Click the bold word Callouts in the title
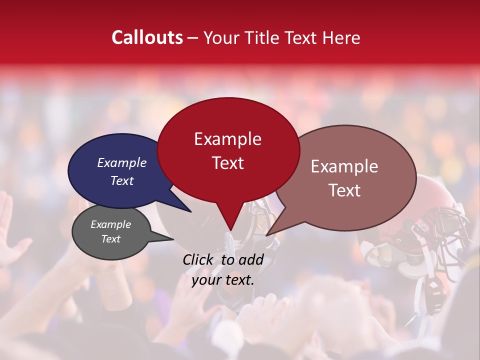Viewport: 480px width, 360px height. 147,37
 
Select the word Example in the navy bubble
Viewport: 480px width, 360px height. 121,162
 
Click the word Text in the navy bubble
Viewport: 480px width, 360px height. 121,180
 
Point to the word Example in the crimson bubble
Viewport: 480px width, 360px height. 227,139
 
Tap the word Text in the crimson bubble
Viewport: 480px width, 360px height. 227,163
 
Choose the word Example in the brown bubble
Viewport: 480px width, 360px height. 344,166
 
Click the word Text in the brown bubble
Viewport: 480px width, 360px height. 344,190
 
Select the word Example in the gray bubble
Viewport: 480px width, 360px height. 110,224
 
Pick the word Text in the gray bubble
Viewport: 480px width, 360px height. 110,239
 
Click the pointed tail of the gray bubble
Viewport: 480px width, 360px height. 171,239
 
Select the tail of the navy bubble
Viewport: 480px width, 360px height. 187,209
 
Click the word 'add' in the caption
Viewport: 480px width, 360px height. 251,259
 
